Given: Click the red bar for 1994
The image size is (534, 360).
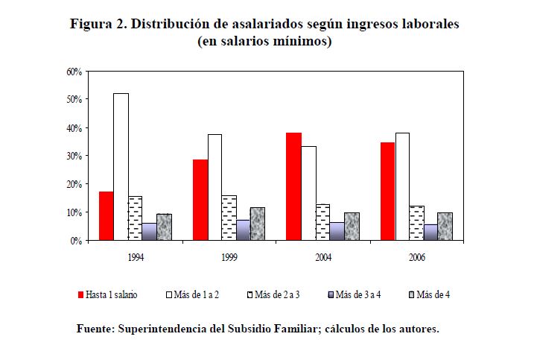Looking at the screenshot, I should [x=106, y=216].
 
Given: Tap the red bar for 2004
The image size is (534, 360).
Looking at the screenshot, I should [x=293, y=186].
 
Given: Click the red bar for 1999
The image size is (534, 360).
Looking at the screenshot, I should [x=200, y=200].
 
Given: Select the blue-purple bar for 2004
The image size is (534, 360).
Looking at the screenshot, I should [x=337, y=231].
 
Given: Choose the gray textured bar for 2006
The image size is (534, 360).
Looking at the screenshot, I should [x=445, y=227].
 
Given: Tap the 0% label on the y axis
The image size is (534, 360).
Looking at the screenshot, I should [x=75, y=241].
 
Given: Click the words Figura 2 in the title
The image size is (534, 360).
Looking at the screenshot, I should [x=98, y=24].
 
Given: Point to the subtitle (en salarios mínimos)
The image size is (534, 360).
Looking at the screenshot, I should [x=264, y=42].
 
